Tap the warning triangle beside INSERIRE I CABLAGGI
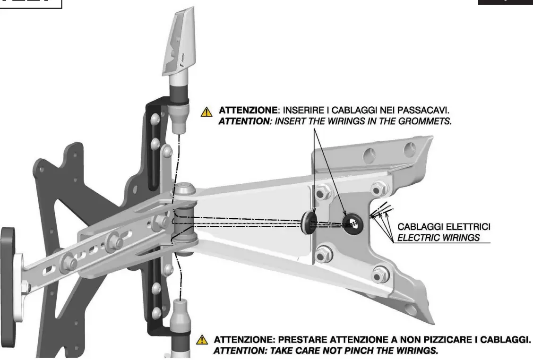tap(206, 112)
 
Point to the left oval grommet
tap(308, 222)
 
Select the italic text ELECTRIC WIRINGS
tap(438, 238)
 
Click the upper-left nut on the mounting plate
tap(322, 192)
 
